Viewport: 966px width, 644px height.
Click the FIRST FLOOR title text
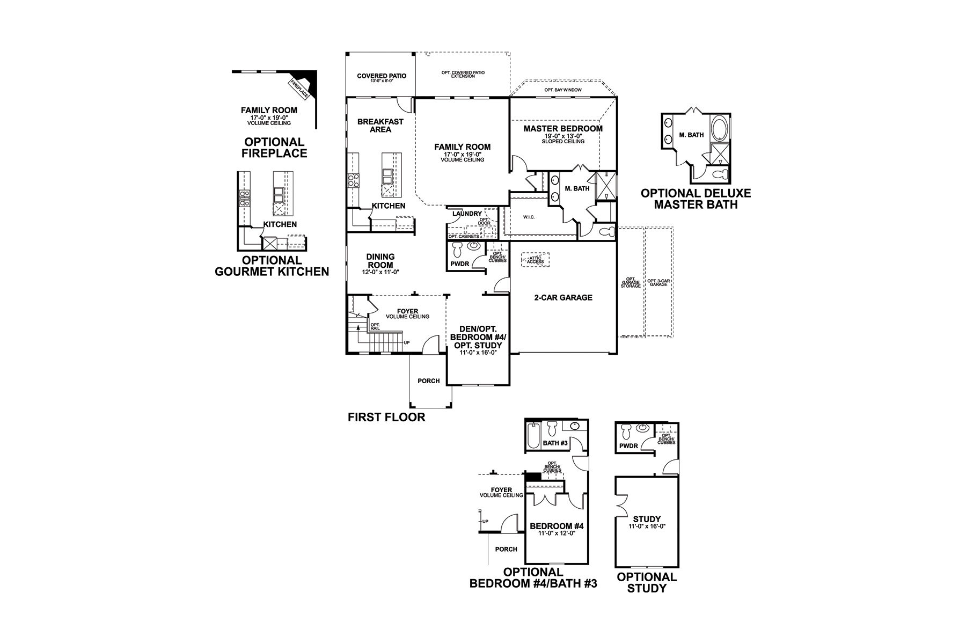(x=386, y=417)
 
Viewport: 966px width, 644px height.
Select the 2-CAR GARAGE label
(x=563, y=297)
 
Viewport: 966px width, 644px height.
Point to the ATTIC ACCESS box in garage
(x=535, y=260)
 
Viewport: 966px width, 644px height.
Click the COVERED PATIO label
(x=382, y=76)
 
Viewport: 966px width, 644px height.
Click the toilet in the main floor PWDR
(x=458, y=250)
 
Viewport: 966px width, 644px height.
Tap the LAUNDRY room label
(x=467, y=214)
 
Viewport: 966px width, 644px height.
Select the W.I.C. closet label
(x=530, y=217)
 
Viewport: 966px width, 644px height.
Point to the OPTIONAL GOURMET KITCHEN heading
(x=272, y=266)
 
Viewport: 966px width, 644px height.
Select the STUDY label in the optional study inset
(x=647, y=519)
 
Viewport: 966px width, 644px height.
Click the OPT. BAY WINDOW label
(x=562, y=90)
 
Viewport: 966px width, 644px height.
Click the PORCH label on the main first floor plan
(x=428, y=381)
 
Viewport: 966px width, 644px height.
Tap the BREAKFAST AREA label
(x=380, y=126)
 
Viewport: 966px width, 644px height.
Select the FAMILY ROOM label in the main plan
(x=462, y=147)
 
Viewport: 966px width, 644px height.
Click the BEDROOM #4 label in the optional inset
(x=556, y=526)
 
